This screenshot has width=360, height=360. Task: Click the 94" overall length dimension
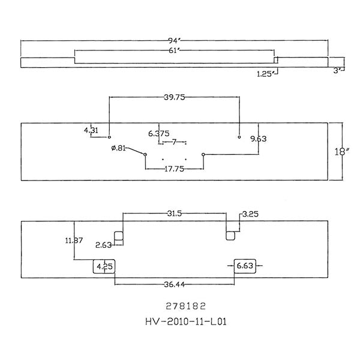174,41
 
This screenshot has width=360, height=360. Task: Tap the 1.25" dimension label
264,73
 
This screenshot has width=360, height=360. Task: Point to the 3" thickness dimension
338,70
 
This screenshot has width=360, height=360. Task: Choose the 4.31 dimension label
91,130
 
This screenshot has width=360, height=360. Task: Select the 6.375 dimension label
158,133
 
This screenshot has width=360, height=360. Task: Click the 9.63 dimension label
259,139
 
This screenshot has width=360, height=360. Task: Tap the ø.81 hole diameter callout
118,148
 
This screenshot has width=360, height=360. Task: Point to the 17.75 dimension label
174,169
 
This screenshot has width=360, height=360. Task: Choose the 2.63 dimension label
103,244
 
